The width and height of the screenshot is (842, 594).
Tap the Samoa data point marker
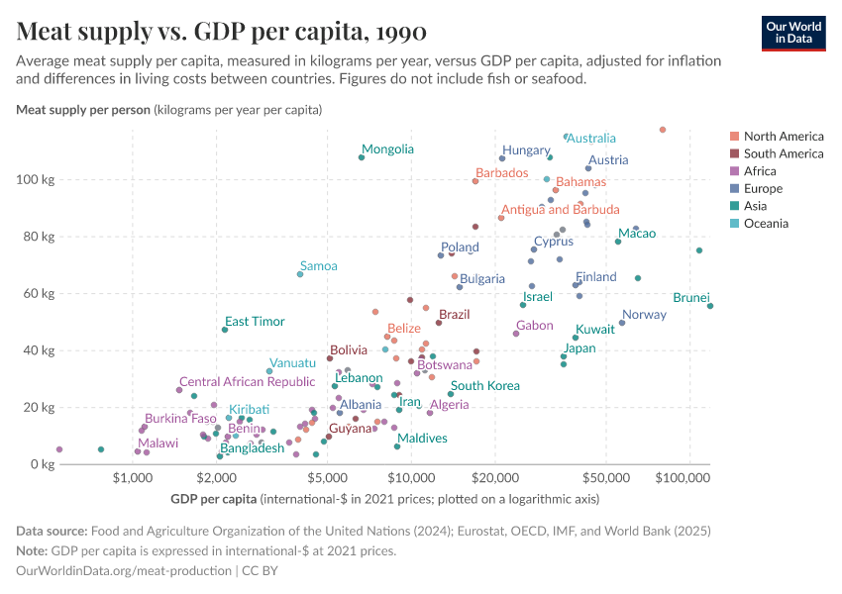300,274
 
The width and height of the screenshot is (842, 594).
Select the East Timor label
255,322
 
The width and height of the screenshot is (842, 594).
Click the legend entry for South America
783,153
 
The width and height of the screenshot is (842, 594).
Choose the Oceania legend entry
766,224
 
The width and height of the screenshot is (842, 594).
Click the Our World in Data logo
792,32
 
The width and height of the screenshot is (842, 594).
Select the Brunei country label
690,297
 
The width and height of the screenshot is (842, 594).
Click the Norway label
644,315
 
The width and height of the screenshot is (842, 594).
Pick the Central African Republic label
247,382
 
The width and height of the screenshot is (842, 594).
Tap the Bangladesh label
252,448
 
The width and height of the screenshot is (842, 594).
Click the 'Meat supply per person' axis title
83,109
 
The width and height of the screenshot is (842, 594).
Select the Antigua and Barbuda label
560,210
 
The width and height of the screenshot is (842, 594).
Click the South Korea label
485,386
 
